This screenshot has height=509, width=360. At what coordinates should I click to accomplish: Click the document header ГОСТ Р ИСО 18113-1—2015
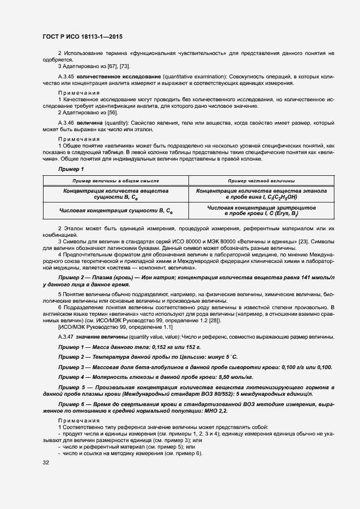pos(82,37)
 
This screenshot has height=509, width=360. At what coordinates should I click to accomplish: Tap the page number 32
pos(46,462)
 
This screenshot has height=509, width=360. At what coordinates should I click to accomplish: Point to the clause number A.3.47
pos(66,337)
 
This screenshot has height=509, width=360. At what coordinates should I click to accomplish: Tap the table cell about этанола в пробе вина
pos(261,194)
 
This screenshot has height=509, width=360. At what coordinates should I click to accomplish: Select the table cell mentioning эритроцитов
pos(261,211)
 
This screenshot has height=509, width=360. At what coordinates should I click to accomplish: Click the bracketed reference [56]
pos(113,112)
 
